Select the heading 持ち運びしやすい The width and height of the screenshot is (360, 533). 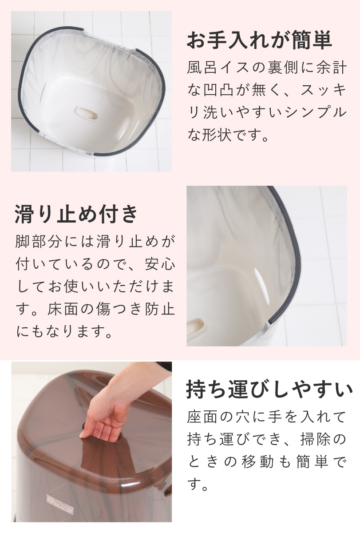coord(270,390)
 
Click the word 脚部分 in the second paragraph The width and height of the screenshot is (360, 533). coord(38,243)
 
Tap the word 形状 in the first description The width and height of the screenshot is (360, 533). coord(217,135)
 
